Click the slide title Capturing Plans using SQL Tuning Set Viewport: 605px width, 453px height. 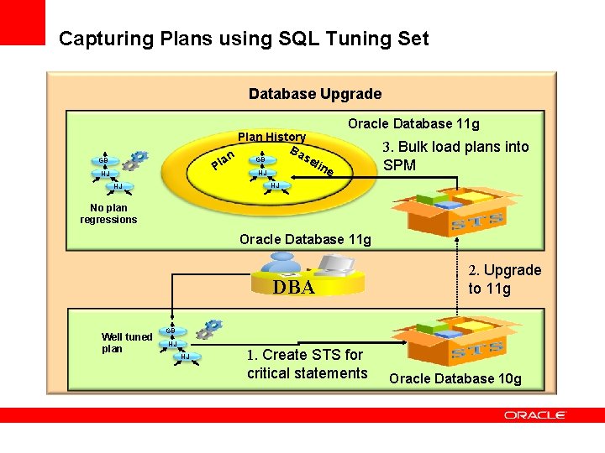tap(244, 39)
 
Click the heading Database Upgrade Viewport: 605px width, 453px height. tap(315, 94)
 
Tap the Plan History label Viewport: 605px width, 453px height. tap(271, 137)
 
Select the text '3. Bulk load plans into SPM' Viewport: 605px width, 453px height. tap(455, 156)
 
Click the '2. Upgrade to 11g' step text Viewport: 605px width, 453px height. tap(504, 279)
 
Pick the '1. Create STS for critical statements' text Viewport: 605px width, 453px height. tap(307, 364)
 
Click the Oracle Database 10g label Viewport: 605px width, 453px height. tap(455, 378)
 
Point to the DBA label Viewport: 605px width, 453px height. tap(294, 288)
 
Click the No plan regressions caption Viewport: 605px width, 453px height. tap(108, 214)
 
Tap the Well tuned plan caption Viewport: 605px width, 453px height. tap(126, 343)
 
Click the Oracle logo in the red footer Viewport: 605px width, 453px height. tap(535, 415)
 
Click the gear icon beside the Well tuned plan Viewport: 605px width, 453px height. tap(212, 327)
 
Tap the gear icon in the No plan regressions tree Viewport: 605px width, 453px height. tap(136, 159)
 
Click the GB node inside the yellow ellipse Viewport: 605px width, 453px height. tap(260, 159)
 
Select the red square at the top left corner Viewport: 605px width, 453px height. tap(22, 22)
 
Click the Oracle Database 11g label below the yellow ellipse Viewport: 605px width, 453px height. tap(305, 240)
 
